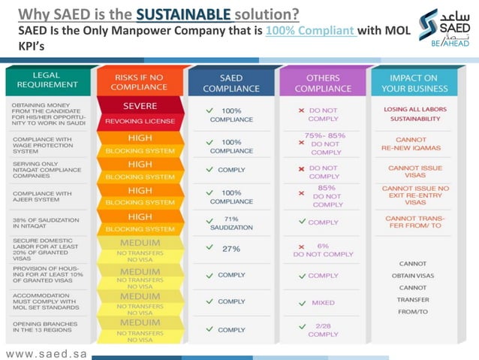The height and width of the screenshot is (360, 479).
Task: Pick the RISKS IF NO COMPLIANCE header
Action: pyautogui.click(x=140, y=81)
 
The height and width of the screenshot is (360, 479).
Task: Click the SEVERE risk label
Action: pyautogui.click(x=140, y=106)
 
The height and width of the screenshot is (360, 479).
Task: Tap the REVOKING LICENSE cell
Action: pyautogui.click(x=140, y=120)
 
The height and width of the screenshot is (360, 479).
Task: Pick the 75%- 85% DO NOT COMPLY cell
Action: pyautogui.click(x=324, y=143)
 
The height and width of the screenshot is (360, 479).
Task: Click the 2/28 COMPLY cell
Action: pyautogui.click(x=323, y=329)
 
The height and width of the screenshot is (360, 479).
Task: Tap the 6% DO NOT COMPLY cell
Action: pyautogui.click(x=323, y=250)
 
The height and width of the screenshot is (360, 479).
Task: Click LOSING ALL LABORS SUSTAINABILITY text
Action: pyautogui.click(x=416, y=114)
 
